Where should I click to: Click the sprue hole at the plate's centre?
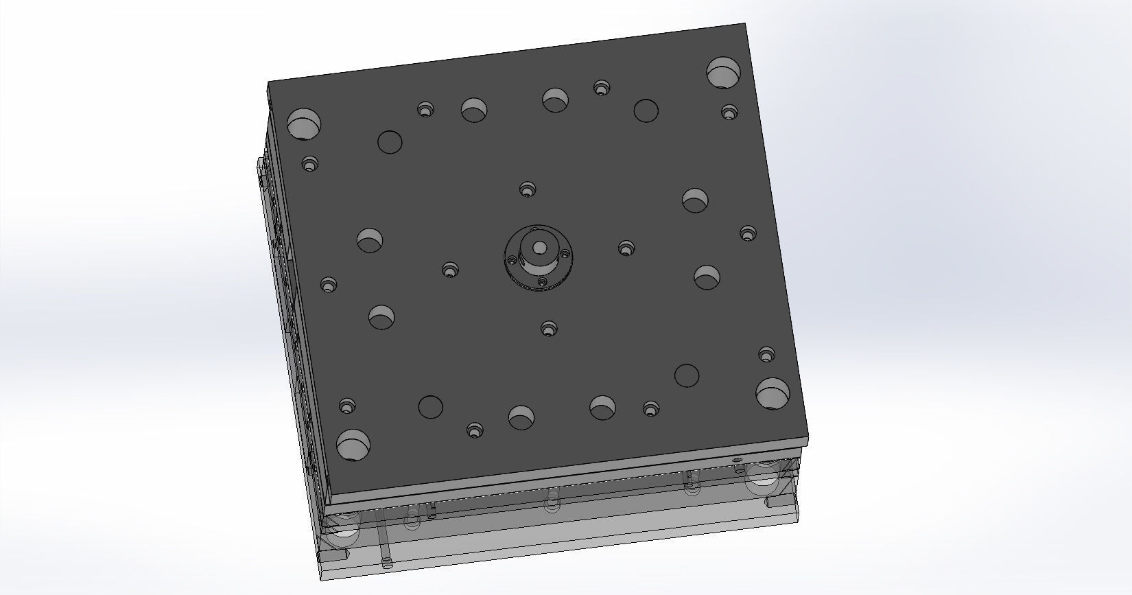click(540, 247)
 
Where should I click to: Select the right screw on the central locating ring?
click(566, 254)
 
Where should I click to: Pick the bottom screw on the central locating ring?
click(543, 282)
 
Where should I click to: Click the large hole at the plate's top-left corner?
click(303, 124)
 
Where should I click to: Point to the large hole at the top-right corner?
click(724, 73)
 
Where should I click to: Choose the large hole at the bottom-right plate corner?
click(773, 393)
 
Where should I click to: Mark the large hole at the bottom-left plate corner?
click(353, 445)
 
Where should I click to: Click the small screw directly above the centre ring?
click(527, 189)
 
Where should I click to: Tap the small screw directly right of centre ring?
click(626, 248)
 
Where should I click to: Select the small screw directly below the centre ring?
click(548, 329)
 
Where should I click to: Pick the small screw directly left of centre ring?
click(449, 270)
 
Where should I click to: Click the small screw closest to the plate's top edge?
click(602, 88)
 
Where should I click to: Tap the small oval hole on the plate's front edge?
click(738, 459)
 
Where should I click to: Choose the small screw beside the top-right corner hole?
click(729, 112)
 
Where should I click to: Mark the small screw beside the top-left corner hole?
click(310, 164)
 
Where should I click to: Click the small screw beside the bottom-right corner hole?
click(766, 355)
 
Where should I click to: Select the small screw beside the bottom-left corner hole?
click(347, 406)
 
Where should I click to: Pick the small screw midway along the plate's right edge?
click(748, 233)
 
